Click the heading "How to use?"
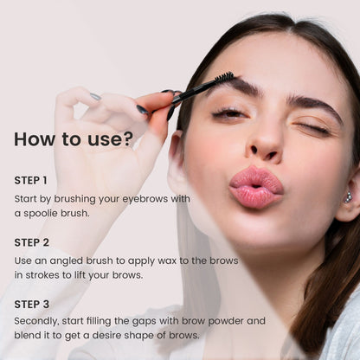pos(74,139)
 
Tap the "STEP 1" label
pos(30,181)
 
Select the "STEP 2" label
pos(32,242)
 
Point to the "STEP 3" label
pos(32,305)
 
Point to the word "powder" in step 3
pos(226,321)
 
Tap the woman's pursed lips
pos(255,186)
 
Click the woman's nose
pos(265,136)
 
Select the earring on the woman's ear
pos(348,196)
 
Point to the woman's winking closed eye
pos(312,128)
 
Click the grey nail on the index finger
pos(95,96)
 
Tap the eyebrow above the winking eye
pos(313,105)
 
